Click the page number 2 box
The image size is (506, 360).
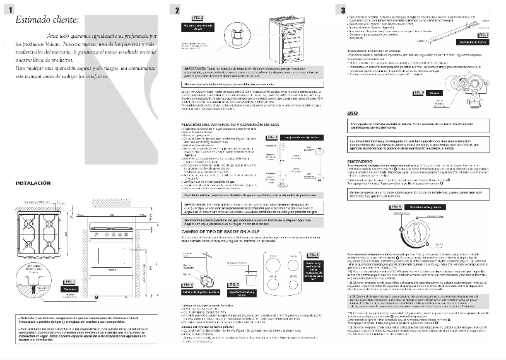coord(179,9)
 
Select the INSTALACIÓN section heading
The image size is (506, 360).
coord(33,183)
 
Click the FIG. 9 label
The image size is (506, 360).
coord(396,206)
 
